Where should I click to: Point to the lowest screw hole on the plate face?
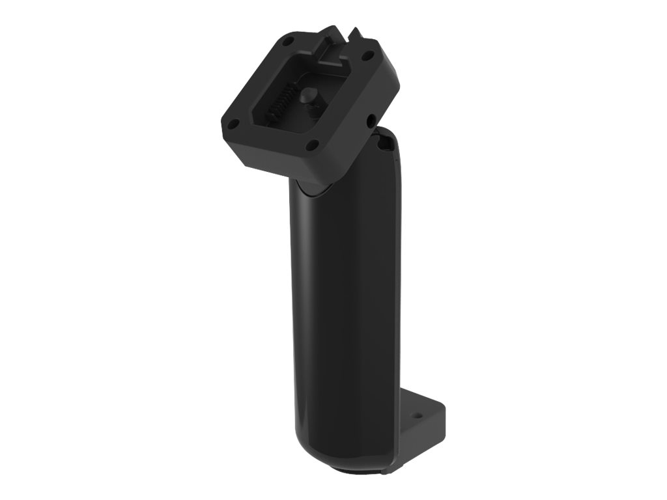click(x=313, y=144)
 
